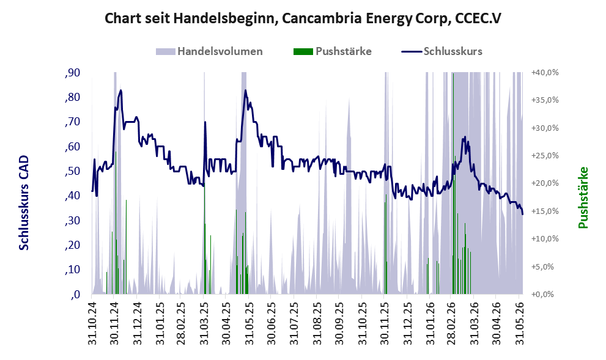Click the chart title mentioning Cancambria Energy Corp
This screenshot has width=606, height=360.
click(303, 18)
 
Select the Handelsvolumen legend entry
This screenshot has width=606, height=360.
click(209, 51)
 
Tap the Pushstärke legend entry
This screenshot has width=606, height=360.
click(333, 51)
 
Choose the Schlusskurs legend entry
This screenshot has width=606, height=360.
click(442, 51)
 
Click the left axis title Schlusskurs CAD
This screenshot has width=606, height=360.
click(24, 202)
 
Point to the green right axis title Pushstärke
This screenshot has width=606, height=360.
click(583, 197)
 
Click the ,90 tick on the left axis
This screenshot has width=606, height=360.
click(73, 73)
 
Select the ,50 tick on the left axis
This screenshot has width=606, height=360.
click(73, 171)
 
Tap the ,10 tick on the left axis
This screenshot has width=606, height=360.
click(73, 270)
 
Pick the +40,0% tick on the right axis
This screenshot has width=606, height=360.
click(545, 73)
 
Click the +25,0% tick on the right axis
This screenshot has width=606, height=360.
click(545, 156)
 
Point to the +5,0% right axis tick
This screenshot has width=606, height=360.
click(547, 266)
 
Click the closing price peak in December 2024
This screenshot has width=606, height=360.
click(121, 90)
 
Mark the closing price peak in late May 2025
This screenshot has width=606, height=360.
click(245, 90)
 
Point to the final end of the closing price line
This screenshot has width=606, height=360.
click(522, 215)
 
